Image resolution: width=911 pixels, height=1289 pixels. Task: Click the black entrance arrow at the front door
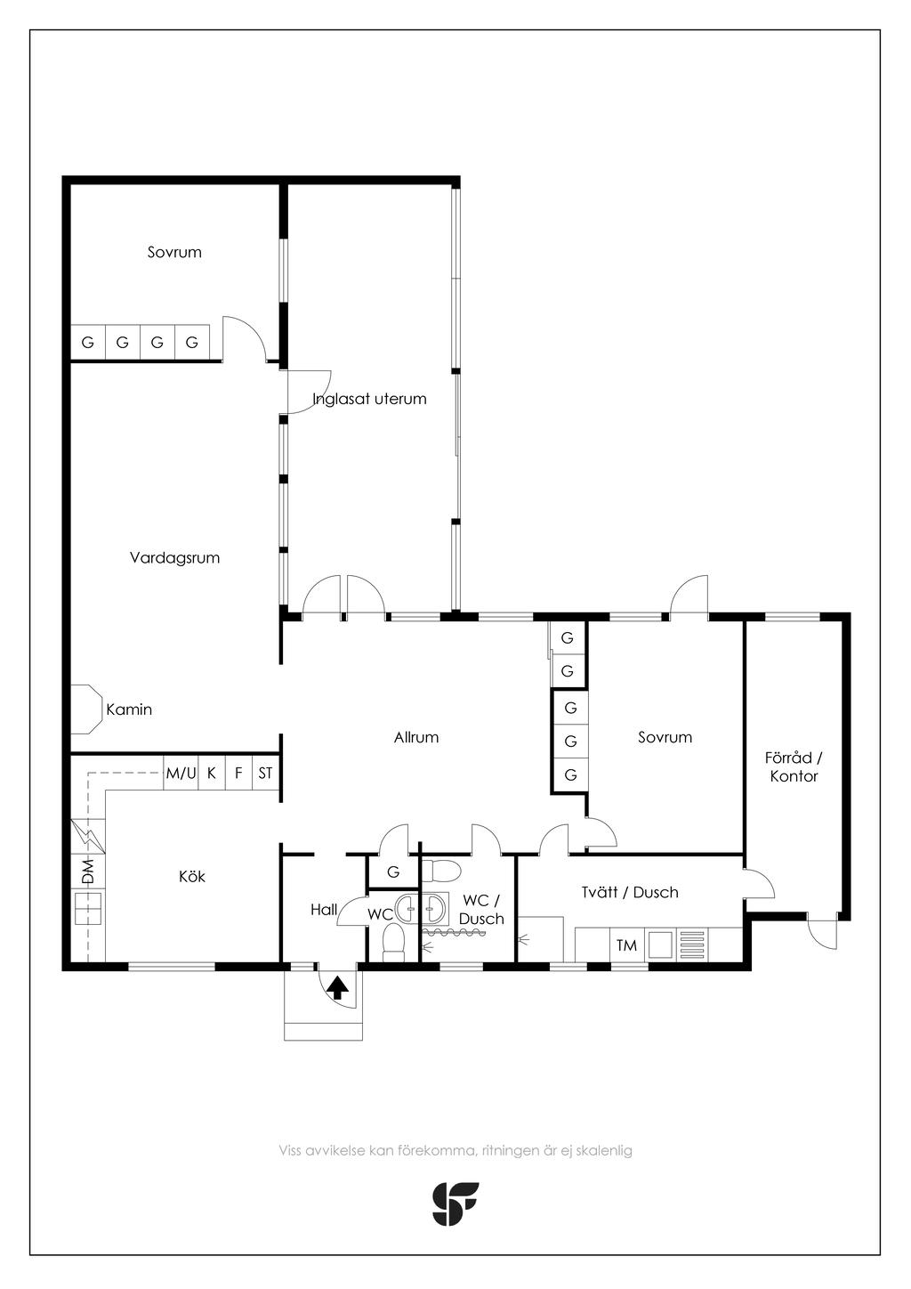(337, 988)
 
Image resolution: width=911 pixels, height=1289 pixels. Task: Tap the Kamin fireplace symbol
(85, 709)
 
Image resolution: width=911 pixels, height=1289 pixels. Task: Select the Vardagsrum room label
(175, 557)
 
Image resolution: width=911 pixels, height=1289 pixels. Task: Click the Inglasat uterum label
(370, 399)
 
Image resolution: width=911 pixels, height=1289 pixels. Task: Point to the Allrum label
(416, 737)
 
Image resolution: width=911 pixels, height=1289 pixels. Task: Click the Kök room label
(192, 876)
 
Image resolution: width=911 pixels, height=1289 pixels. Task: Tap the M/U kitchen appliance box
(181, 773)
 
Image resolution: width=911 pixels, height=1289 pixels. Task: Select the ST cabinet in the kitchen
(266, 773)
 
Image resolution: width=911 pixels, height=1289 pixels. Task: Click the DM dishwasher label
(87, 871)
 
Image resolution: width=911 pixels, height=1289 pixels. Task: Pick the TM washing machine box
(626, 944)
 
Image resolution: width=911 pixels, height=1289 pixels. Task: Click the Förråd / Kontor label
(794, 766)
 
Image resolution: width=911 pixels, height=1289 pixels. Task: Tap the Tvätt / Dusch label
(630, 892)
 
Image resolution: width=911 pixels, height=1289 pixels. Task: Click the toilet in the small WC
(394, 942)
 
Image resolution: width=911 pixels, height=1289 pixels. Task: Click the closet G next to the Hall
(393, 871)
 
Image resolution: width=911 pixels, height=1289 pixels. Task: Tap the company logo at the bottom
(455, 1204)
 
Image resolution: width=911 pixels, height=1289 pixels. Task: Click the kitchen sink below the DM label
(87, 908)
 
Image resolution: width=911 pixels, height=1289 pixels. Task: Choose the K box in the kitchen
(211, 773)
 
